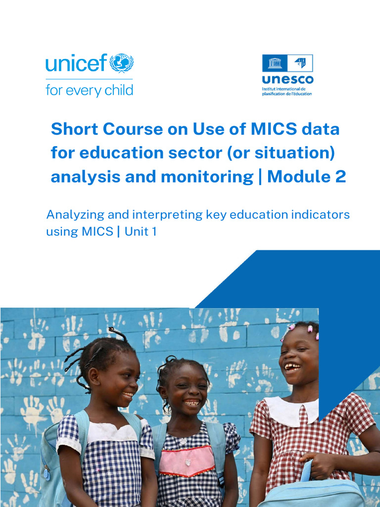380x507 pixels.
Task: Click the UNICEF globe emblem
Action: (x=121, y=63)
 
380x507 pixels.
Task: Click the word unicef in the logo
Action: (x=76, y=64)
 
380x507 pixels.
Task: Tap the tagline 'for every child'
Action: (x=89, y=90)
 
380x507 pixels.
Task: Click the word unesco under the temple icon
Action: (x=287, y=80)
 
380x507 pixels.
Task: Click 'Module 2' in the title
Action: (x=307, y=177)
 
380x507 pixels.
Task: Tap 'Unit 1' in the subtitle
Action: (x=141, y=231)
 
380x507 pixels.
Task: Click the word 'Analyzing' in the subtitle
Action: (x=74, y=215)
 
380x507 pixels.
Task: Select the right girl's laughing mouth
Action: (x=292, y=367)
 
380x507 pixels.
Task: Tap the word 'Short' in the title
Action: (x=72, y=129)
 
